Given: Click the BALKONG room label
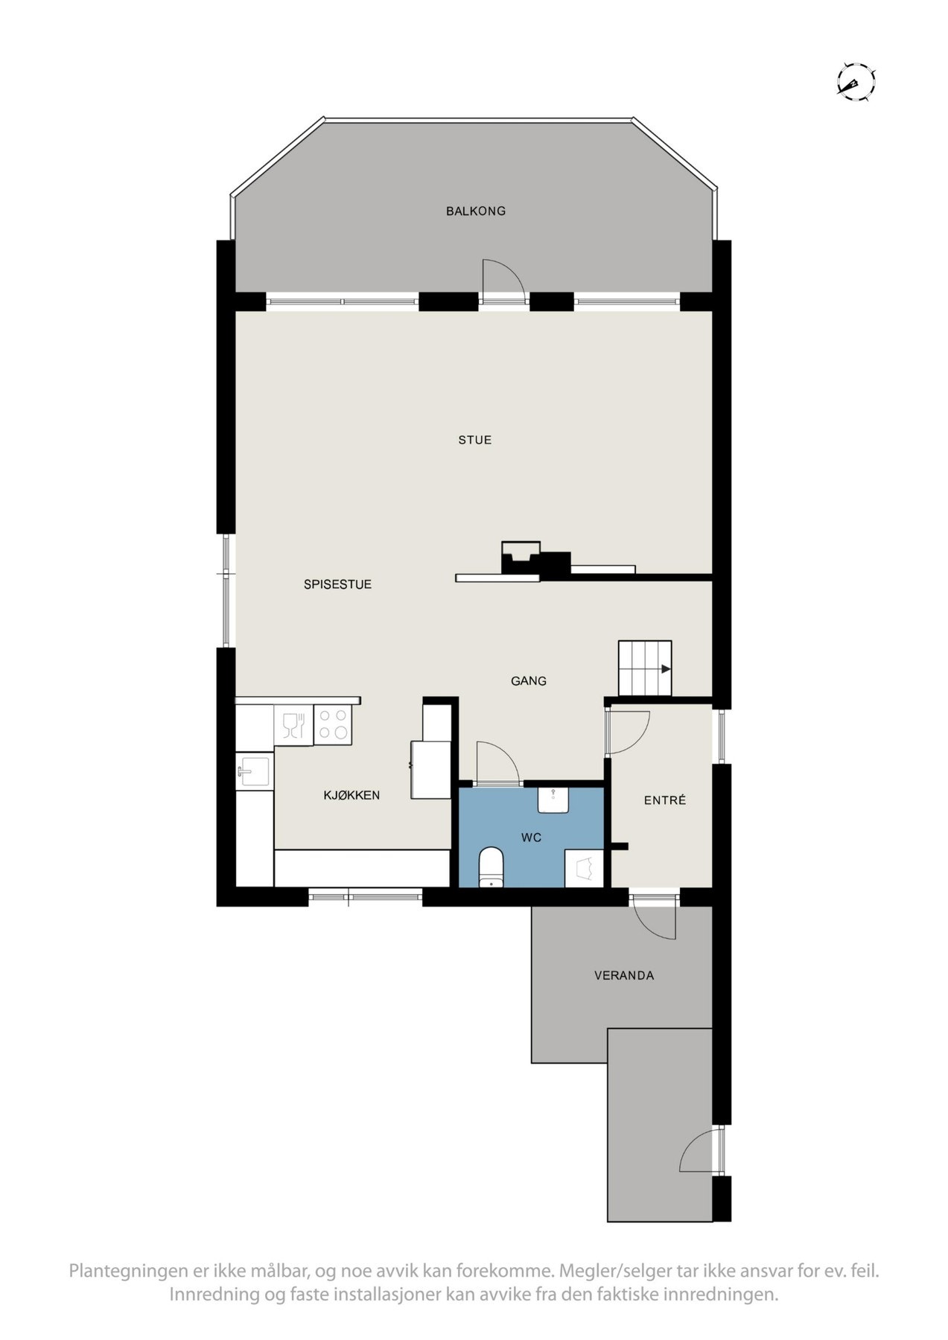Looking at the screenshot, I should point(475,211).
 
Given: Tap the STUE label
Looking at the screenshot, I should point(474,440).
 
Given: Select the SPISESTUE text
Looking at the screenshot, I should point(337,584).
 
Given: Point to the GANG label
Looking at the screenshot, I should point(528,680).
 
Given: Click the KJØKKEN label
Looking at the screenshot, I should point(351,795).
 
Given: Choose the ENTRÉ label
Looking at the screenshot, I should point(664,800).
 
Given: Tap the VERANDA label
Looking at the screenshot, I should point(623,975).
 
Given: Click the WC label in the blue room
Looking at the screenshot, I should point(531,837).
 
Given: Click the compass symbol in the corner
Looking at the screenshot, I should point(855,81).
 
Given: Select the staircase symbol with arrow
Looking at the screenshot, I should point(645,668).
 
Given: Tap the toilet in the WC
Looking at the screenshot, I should point(491,867).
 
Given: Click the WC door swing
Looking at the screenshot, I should point(497,763).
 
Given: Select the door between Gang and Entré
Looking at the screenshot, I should point(627,733).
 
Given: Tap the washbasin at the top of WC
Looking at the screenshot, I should point(553,799).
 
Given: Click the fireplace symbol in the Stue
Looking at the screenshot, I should point(521,558).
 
